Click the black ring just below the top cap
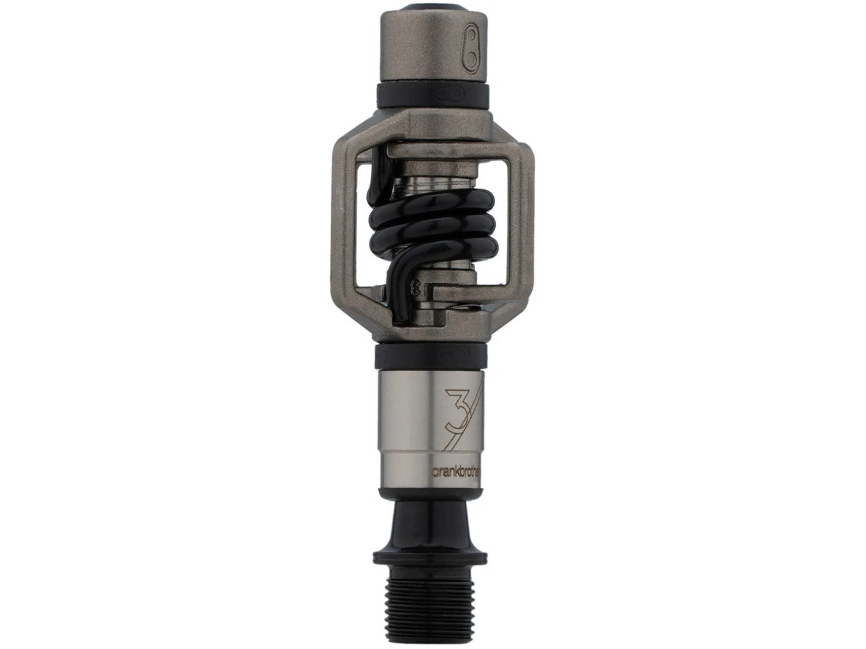point(433,93)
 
